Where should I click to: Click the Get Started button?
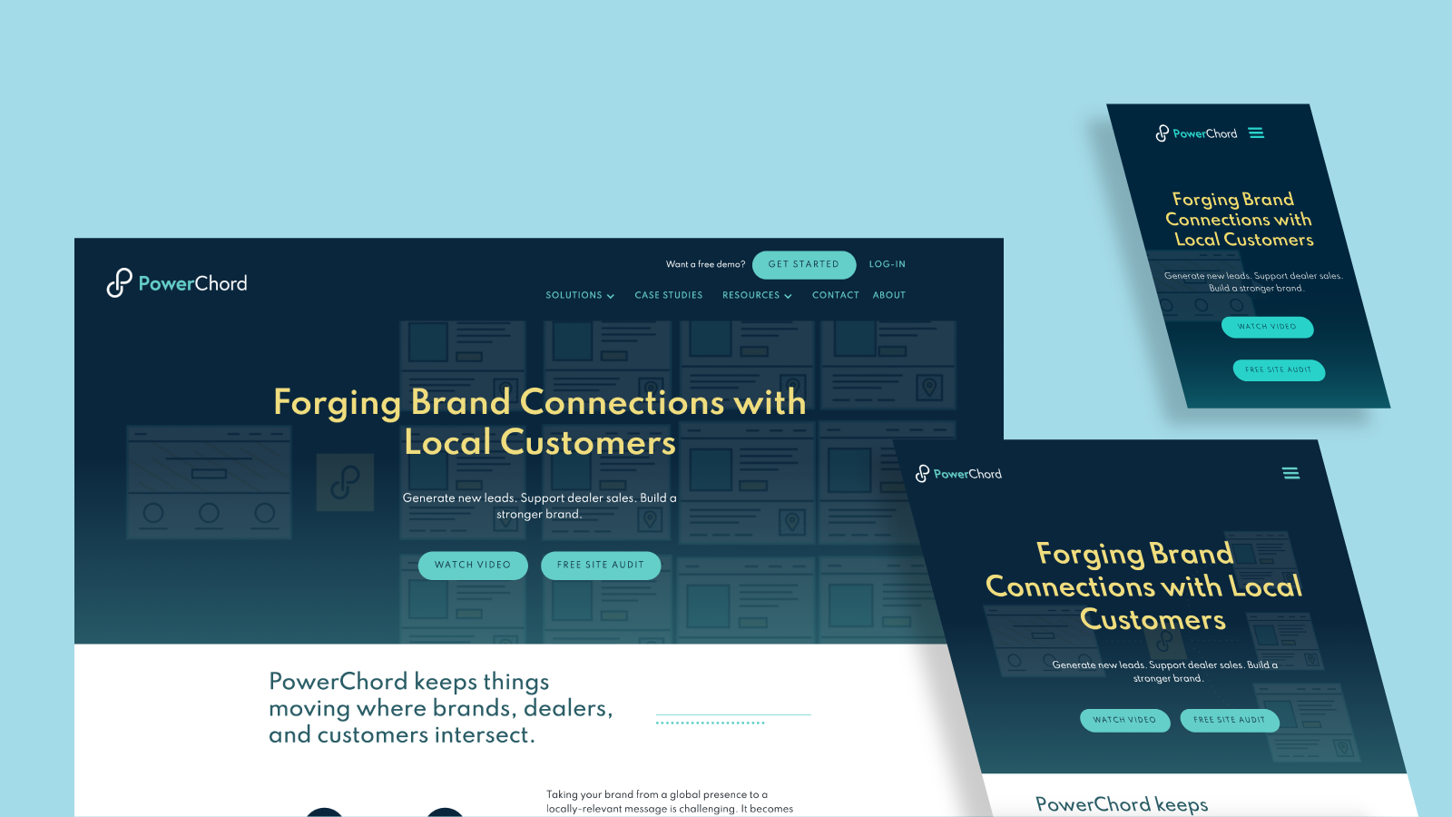pyautogui.click(x=804, y=264)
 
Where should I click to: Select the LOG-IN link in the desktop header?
pyautogui.click(x=887, y=264)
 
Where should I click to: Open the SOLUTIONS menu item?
pyautogui.click(x=580, y=296)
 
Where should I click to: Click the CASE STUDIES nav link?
pyautogui.click(x=668, y=296)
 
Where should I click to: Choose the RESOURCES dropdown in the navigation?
pyautogui.click(x=757, y=296)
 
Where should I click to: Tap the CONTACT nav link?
pyautogui.click(x=836, y=296)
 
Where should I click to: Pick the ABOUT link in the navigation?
pyautogui.click(x=888, y=296)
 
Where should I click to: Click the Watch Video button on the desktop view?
pyautogui.click(x=473, y=566)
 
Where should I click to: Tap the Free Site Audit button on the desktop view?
pyautogui.click(x=600, y=566)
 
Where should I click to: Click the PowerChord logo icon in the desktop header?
pyautogui.click(x=119, y=282)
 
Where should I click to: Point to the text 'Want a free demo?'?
pyautogui.click(x=705, y=264)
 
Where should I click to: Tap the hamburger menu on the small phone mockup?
pyautogui.click(x=1256, y=133)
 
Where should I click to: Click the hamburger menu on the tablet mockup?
pyautogui.click(x=1290, y=473)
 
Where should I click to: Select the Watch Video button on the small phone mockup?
pyautogui.click(x=1267, y=327)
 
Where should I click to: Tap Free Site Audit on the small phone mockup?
pyautogui.click(x=1279, y=370)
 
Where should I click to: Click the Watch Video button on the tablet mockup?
pyautogui.click(x=1124, y=720)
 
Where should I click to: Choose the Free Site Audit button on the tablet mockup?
pyautogui.click(x=1230, y=720)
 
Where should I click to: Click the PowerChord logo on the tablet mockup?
pyautogui.click(x=958, y=474)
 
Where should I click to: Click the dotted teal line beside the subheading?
pyautogui.click(x=710, y=723)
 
